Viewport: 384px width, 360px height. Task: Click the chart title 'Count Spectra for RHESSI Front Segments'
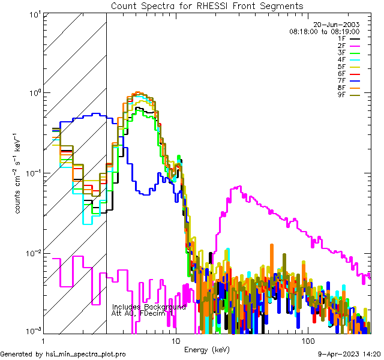(207, 5)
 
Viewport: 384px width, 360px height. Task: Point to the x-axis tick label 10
(176, 340)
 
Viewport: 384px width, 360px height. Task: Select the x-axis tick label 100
(307, 340)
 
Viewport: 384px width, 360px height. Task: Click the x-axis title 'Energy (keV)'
(207, 349)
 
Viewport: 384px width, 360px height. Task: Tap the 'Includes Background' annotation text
(149, 307)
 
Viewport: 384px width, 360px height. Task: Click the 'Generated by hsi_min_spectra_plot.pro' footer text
(63, 355)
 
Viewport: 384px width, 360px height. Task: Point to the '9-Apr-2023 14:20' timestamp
(348, 355)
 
